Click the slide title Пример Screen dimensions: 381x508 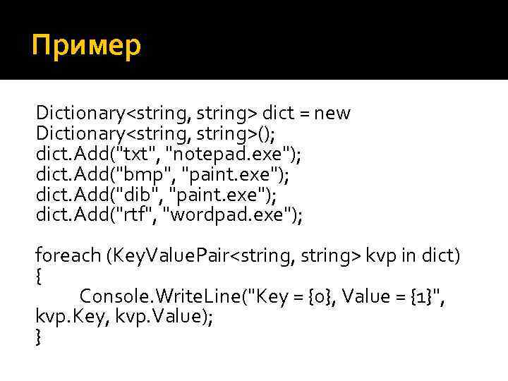pos(87,47)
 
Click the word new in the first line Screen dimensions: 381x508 pos(332,114)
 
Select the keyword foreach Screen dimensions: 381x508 pos(67,256)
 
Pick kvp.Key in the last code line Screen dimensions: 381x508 pos(64,317)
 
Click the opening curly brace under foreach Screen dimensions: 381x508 pos(39,277)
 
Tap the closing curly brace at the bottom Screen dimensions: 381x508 pos(39,338)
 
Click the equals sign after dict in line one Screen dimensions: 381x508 pos(304,114)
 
